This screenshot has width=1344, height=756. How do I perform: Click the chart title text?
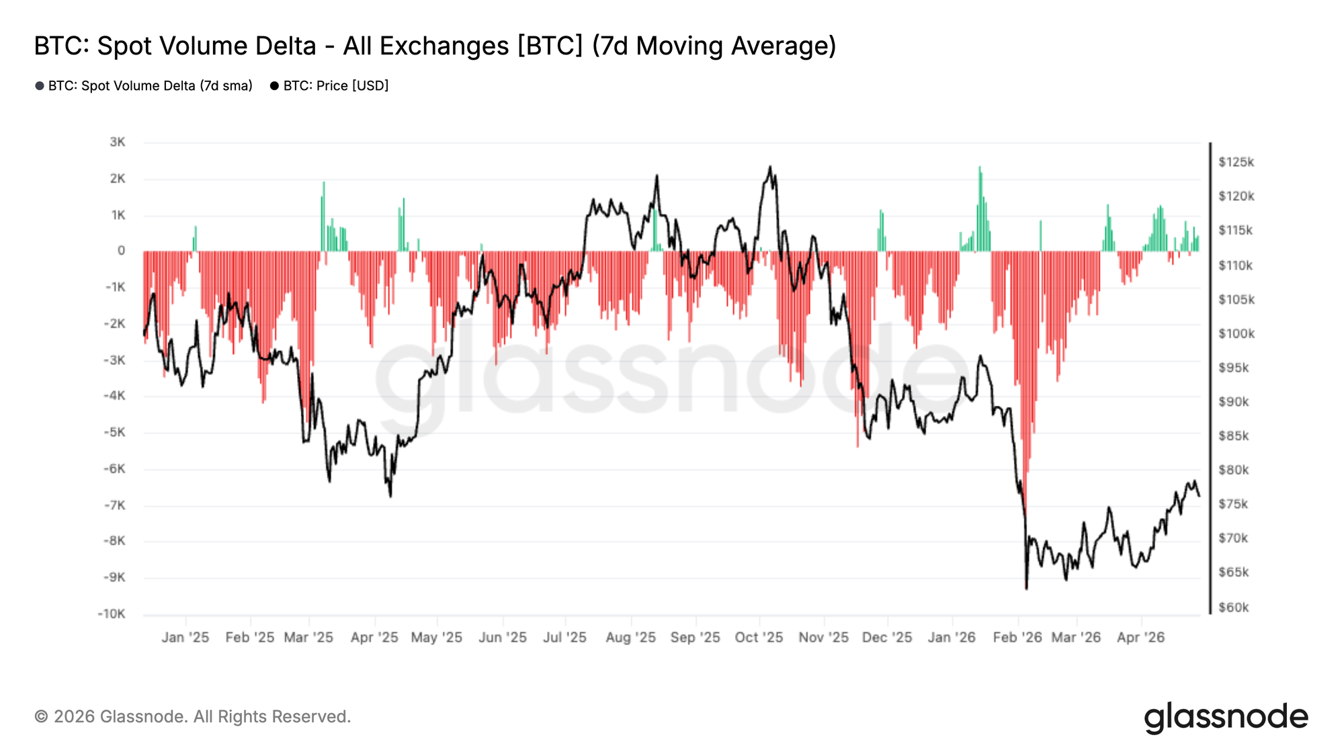[x=435, y=46]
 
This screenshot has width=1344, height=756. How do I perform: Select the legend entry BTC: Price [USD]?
[x=329, y=86]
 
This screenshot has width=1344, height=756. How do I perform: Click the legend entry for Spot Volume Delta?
[x=144, y=86]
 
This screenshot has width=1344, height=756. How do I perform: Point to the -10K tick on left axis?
[x=112, y=614]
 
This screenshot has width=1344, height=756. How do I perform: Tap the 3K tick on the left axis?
[x=117, y=142]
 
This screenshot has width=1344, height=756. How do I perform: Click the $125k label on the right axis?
[x=1236, y=162]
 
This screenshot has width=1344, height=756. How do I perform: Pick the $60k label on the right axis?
[x=1234, y=607]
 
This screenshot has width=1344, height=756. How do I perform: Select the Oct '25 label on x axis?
[x=759, y=637]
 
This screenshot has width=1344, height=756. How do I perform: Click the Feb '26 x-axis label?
[x=1017, y=637]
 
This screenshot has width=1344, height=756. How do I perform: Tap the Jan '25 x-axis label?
[x=185, y=637]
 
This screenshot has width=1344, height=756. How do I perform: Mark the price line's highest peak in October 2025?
[x=770, y=168]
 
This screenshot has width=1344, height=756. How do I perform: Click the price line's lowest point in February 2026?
[x=1026, y=588]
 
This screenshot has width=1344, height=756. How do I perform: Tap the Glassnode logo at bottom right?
[x=1226, y=717]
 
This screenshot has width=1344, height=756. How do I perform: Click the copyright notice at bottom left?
[x=192, y=716]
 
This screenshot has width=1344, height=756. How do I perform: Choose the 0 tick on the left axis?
[x=121, y=251]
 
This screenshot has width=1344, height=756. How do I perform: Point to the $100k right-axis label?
[x=1236, y=333]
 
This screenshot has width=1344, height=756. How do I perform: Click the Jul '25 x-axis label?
[x=564, y=637]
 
